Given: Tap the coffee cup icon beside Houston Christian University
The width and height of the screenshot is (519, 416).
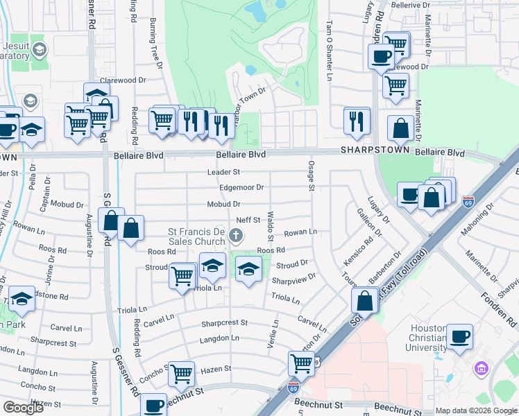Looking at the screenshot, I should [x=460, y=338].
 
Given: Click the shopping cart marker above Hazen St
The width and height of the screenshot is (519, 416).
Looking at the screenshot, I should [x=182, y=373].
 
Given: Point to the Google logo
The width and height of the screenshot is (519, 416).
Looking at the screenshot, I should [x=23, y=408].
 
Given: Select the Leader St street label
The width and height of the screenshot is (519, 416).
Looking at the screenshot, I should [x=223, y=171].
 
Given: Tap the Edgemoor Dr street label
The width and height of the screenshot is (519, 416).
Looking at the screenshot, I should [x=241, y=187].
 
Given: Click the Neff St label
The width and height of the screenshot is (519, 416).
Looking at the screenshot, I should [x=247, y=220].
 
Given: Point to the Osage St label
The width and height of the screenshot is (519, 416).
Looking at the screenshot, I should [x=311, y=176].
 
